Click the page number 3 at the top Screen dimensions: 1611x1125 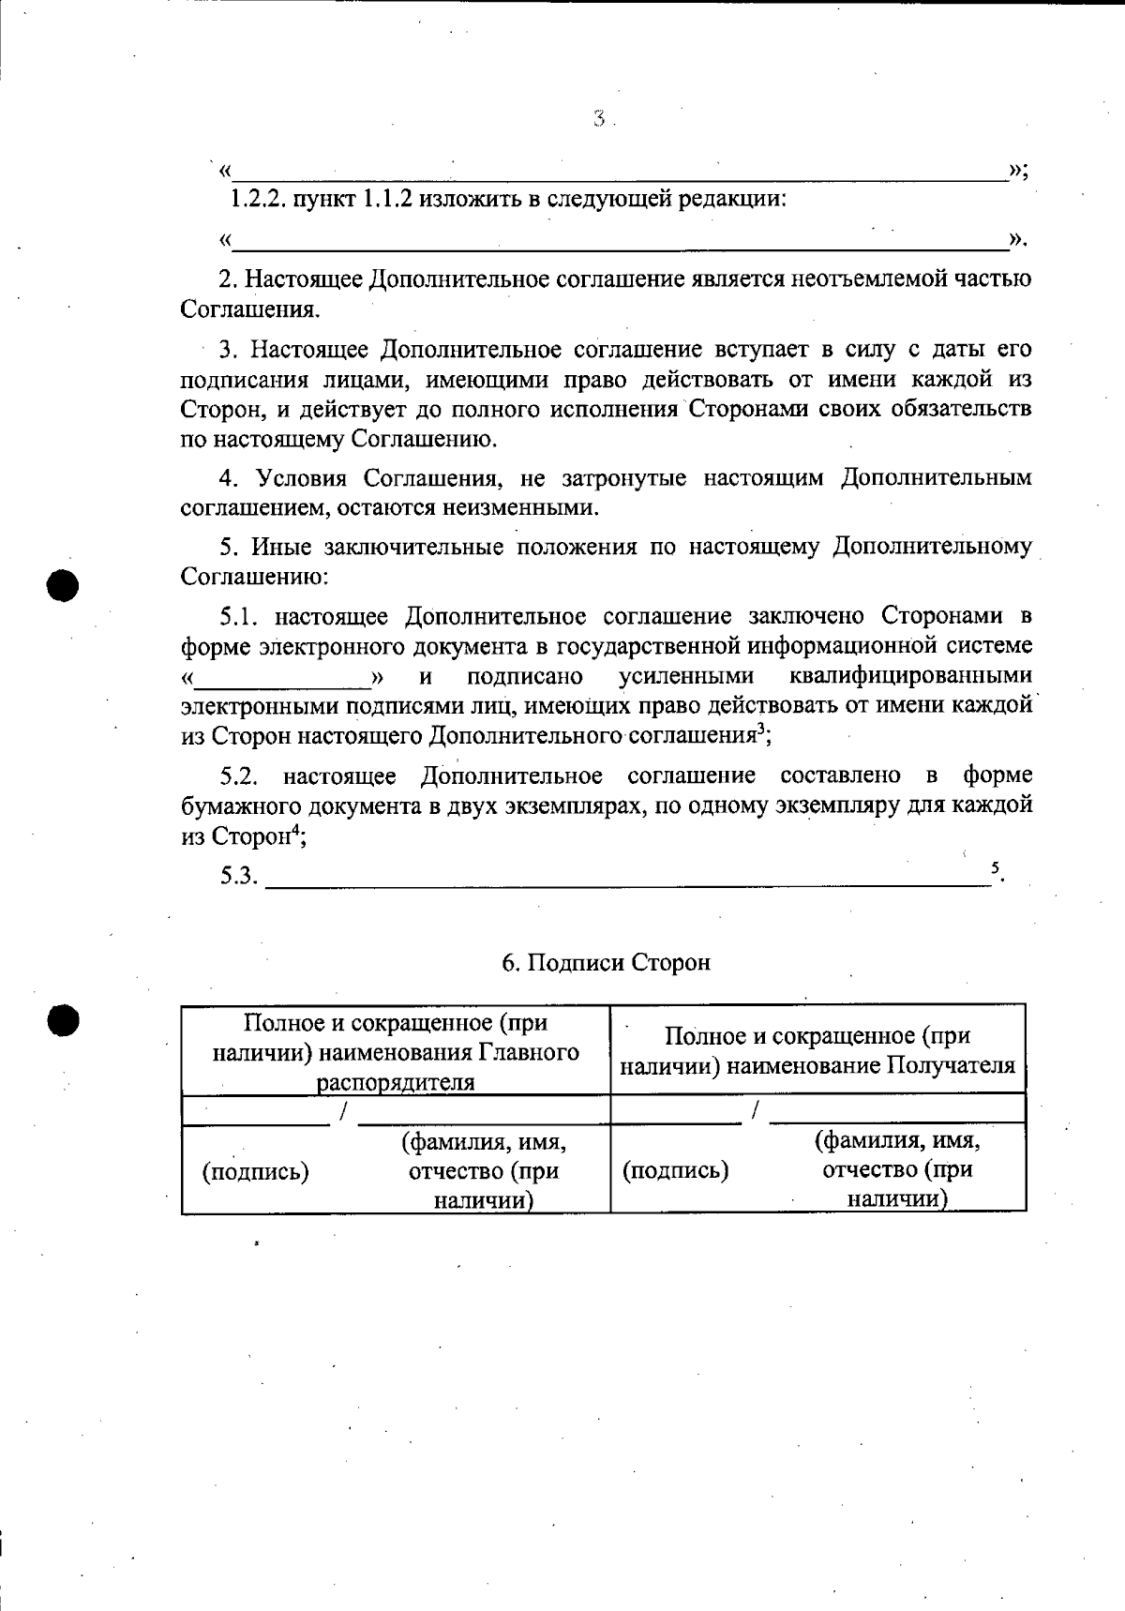(x=598, y=119)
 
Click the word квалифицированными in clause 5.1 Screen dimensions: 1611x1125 (x=910, y=676)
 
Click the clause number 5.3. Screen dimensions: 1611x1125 (x=238, y=877)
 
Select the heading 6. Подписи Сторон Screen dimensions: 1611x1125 (x=606, y=963)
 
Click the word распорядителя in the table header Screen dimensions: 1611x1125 (x=396, y=1083)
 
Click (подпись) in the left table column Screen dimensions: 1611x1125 (x=256, y=1171)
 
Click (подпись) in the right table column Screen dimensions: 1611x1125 (x=676, y=1170)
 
